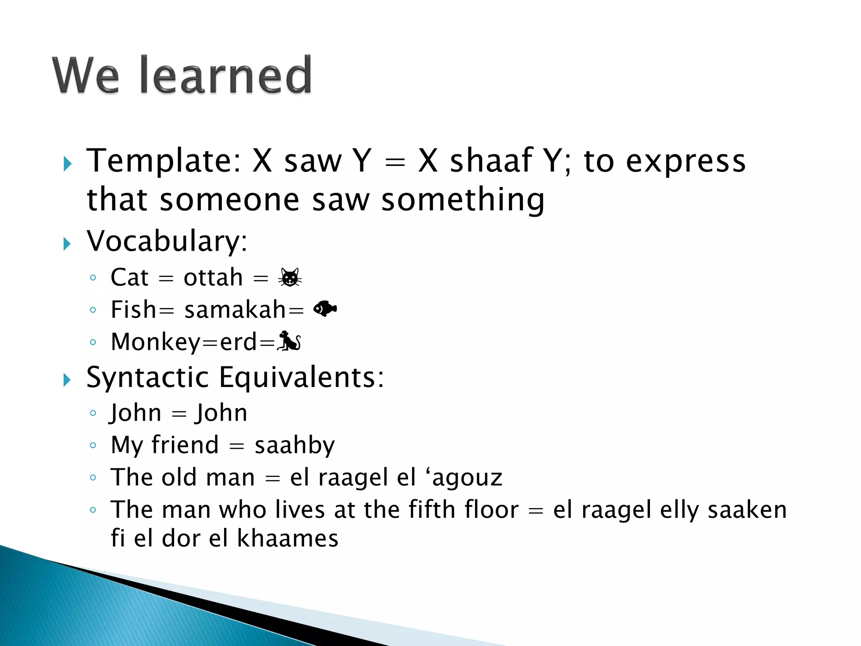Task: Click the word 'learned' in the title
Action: pyautogui.click(x=226, y=76)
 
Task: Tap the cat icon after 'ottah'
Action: pyautogui.click(x=290, y=278)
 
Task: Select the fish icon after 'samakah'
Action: pyautogui.click(x=325, y=309)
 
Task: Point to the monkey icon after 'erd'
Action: pyautogui.click(x=289, y=341)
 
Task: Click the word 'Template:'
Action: pyautogui.click(x=164, y=161)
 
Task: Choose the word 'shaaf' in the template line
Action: pyautogui.click(x=491, y=161)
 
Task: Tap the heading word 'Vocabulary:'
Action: pyautogui.click(x=167, y=241)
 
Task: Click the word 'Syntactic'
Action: pyautogui.click(x=147, y=377)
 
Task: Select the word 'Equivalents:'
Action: pyautogui.click(x=301, y=377)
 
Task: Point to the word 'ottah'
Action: pyautogui.click(x=213, y=278)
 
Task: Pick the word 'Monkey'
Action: pyautogui.click(x=156, y=342)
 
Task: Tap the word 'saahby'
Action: pyautogui.click(x=295, y=445)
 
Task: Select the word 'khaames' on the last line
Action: pyautogui.click(x=288, y=538)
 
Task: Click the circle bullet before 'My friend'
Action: pyautogui.click(x=93, y=445)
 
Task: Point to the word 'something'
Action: pyautogui.click(x=462, y=199)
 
